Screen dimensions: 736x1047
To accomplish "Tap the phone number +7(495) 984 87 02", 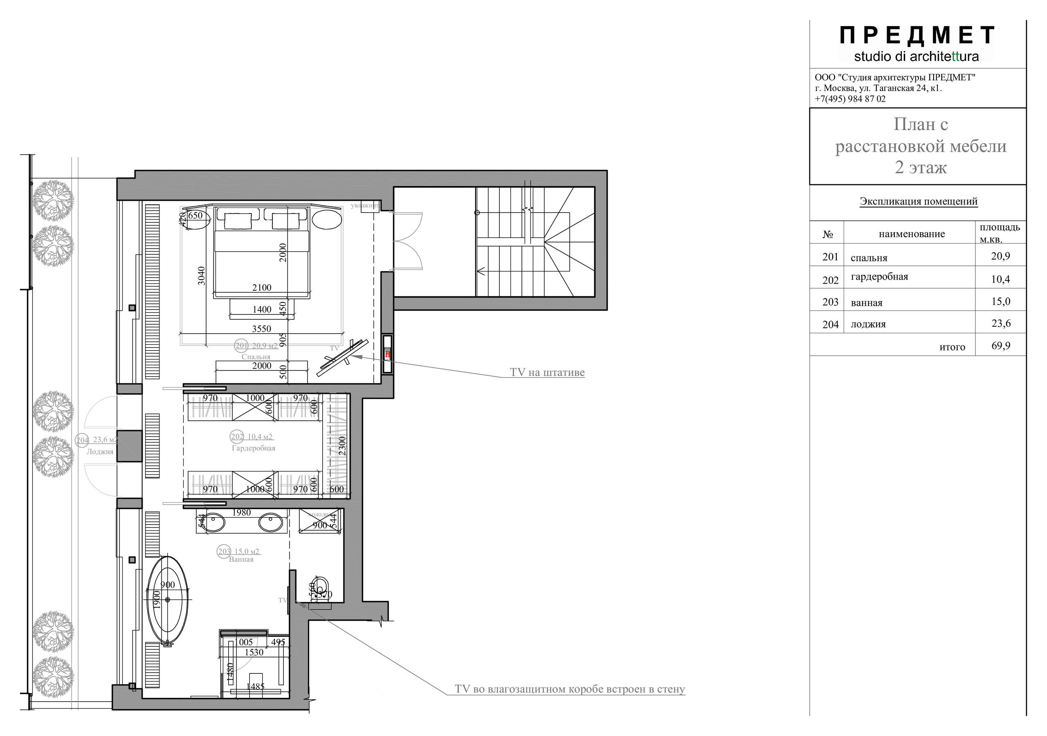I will click(x=850, y=99).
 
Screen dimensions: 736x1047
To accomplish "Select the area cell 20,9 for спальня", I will click(x=1000, y=256).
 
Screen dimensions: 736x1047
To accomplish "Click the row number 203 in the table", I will click(x=830, y=302).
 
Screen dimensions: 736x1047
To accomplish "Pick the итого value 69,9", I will click(x=1000, y=346).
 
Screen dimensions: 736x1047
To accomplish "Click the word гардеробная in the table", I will click(x=879, y=277).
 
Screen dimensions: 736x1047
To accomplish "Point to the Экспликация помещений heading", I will click(x=919, y=201).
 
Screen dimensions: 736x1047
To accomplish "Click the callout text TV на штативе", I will click(x=547, y=372).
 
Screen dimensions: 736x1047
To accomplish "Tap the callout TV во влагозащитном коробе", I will click(x=569, y=689).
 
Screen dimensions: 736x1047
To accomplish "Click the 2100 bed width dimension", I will click(x=262, y=288).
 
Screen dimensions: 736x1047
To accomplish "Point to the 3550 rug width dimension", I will click(x=261, y=329).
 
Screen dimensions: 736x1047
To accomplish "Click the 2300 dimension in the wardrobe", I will click(x=342, y=446).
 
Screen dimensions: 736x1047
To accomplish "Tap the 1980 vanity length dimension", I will click(x=241, y=513).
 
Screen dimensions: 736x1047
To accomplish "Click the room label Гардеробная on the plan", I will click(x=253, y=448).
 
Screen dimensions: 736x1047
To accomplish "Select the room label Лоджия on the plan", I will click(x=100, y=452).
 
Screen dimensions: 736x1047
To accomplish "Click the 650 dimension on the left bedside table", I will click(x=195, y=215).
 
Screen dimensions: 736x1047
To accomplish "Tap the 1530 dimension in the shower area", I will click(x=254, y=653).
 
